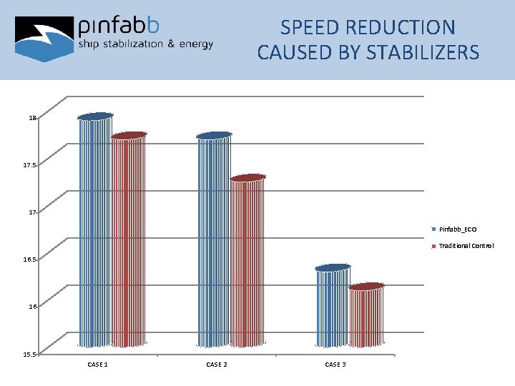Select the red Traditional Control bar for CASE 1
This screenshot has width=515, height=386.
(129, 240)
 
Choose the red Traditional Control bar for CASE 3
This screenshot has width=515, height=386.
(366, 316)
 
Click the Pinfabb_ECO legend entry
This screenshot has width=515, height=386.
(457, 229)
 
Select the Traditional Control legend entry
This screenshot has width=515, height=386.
(466, 246)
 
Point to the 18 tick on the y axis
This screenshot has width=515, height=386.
(32, 118)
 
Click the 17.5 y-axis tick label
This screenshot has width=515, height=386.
(29, 165)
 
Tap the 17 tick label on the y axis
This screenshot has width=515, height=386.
(32, 212)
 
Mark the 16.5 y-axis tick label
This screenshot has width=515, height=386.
(29, 259)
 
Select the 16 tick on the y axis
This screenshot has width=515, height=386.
(32, 307)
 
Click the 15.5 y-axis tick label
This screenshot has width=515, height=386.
(29, 354)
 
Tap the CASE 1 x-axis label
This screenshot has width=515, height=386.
(97, 365)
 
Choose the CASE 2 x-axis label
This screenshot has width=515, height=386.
(217, 365)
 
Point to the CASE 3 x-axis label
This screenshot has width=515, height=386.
(335, 365)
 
